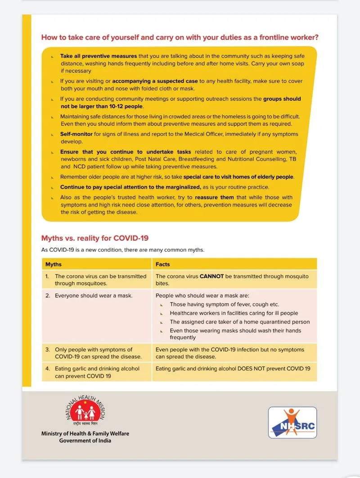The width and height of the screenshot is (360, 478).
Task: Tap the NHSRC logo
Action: [292, 423]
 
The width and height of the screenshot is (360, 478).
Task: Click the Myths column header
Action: [54, 264]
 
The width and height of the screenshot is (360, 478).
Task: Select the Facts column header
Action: [162, 264]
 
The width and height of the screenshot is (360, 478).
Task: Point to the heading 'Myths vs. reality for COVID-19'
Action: [95, 238]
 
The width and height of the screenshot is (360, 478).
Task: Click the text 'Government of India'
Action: [85, 441]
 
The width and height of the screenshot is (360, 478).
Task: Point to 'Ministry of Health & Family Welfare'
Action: [85, 433]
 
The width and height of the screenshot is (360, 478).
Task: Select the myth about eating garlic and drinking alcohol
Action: [97, 372]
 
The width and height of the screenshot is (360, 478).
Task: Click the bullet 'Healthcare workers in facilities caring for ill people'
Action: [234, 313]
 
